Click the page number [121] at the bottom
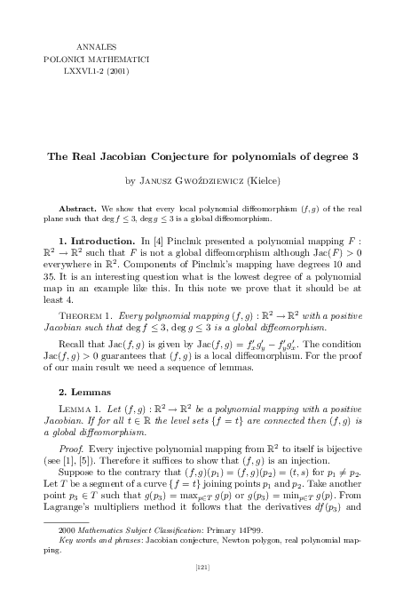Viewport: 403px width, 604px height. [x=201, y=588]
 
